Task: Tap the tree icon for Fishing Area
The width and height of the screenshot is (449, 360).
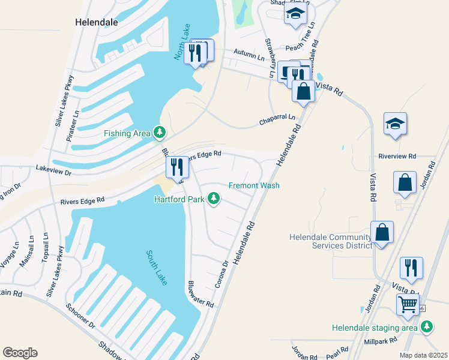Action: (159, 131)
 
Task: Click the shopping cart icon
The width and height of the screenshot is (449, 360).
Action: (408, 304)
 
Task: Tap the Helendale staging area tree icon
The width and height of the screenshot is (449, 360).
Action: (427, 326)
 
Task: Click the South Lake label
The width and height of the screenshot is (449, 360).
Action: (155, 267)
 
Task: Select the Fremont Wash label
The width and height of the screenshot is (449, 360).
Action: (254, 185)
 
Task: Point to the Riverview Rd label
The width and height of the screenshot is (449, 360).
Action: (397, 156)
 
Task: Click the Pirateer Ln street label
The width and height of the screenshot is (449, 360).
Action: (76, 121)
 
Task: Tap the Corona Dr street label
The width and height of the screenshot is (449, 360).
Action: (221, 273)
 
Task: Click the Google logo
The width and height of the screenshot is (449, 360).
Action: (20, 353)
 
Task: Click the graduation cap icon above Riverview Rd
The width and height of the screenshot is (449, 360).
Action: (395, 124)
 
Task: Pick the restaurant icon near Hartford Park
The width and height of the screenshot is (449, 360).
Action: (176, 167)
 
